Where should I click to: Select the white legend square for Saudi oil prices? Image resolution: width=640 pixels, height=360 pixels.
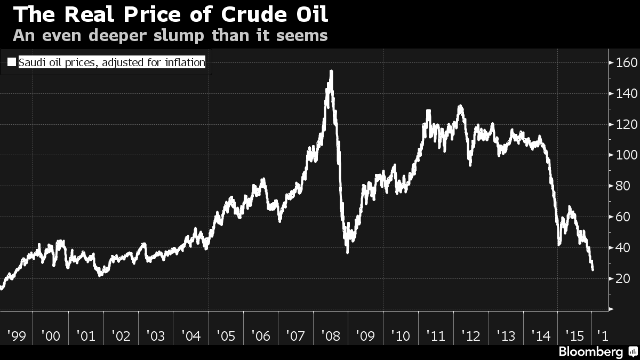(x=12, y=62)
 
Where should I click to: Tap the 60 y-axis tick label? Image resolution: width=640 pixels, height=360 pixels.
(x=622, y=217)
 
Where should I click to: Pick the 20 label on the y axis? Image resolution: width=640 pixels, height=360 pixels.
(x=622, y=278)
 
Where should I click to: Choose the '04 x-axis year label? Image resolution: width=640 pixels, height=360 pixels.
(x=190, y=336)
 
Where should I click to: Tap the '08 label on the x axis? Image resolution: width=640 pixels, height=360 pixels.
(x=330, y=336)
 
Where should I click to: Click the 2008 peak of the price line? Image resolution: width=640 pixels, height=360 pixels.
(x=331, y=71)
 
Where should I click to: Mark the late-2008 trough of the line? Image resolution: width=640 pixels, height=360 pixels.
(x=348, y=252)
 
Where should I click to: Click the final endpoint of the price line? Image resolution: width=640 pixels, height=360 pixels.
(x=593, y=270)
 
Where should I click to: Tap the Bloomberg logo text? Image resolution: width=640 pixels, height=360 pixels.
(x=590, y=352)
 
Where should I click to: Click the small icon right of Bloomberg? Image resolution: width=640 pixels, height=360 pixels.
(x=633, y=351)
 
